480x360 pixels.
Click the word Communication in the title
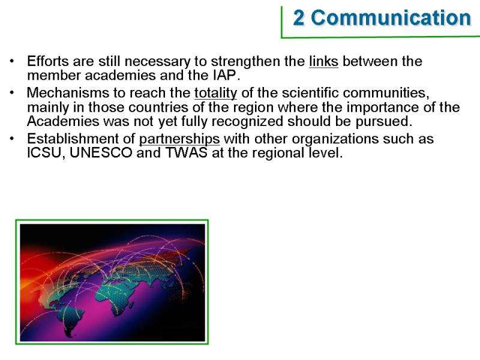pos(391,17)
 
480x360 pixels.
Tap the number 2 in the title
pos(299,18)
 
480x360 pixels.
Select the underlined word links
pos(323,61)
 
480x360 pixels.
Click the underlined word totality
pos(216,93)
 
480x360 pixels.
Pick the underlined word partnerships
pos(179,139)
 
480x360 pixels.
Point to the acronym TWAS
pos(186,153)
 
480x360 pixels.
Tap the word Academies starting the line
pos(63,121)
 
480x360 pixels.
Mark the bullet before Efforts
pos(12,61)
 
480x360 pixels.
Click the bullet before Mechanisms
pos(12,92)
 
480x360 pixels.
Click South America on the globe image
pos(71,320)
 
